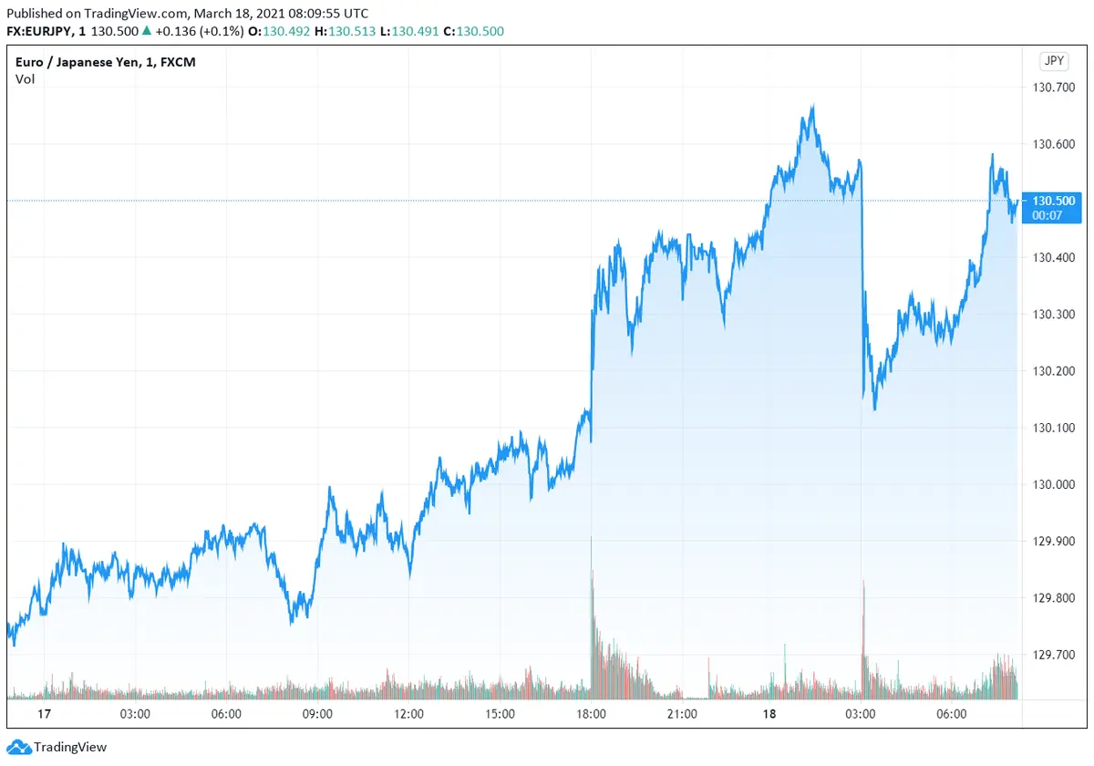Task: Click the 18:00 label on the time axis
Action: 592,714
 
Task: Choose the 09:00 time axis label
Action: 317,714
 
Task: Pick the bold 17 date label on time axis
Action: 42,714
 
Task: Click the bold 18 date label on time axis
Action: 770,714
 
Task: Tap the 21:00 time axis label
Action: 682,714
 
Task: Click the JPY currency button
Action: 1054,61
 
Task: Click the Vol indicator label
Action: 25,79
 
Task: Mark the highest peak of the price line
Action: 812,106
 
